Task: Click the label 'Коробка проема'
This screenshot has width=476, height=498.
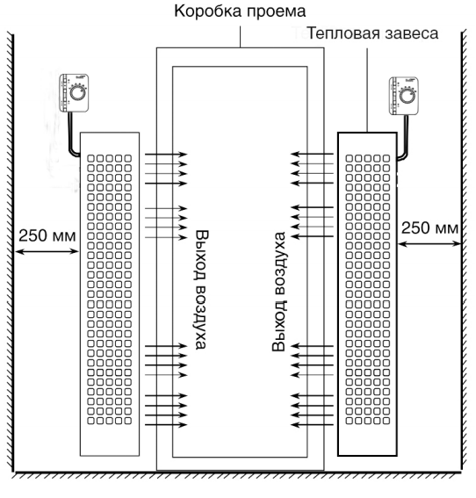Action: (x=241, y=13)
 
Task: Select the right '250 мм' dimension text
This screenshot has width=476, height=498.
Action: (x=429, y=227)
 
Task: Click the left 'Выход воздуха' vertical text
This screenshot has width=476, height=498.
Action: (x=202, y=290)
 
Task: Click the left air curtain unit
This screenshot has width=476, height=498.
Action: (x=109, y=294)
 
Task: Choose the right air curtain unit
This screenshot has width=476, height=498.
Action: (x=366, y=294)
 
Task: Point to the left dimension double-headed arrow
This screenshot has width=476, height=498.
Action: (x=47, y=252)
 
